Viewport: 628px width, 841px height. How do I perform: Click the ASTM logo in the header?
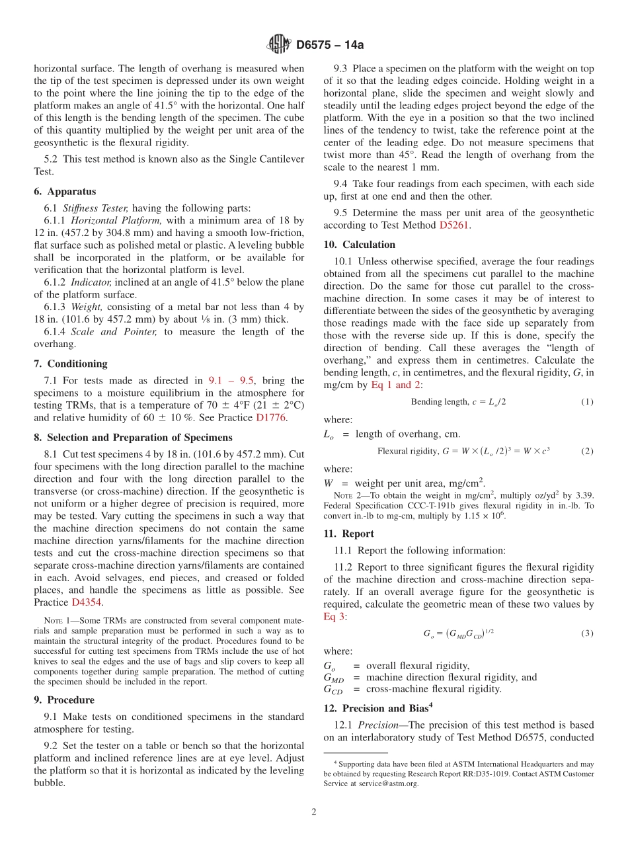click(x=278, y=44)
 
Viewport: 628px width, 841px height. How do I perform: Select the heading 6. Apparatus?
click(x=65, y=192)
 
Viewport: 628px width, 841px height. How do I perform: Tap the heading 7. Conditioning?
click(x=70, y=364)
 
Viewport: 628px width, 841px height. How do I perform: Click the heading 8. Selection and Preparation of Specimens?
click(x=133, y=437)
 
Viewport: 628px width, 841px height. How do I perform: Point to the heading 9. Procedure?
click(x=64, y=700)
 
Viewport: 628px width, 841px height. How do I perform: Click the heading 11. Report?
click(x=348, y=534)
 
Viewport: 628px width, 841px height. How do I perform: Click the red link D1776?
click(x=271, y=417)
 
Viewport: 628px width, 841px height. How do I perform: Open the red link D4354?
click(x=87, y=602)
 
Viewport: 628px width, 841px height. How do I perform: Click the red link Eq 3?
click(x=334, y=616)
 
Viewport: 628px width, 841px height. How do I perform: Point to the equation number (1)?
click(x=587, y=402)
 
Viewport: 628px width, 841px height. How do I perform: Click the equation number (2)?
click(x=587, y=451)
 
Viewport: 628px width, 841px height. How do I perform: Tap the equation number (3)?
click(x=587, y=633)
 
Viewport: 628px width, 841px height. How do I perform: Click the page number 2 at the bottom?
click(x=314, y=812)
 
